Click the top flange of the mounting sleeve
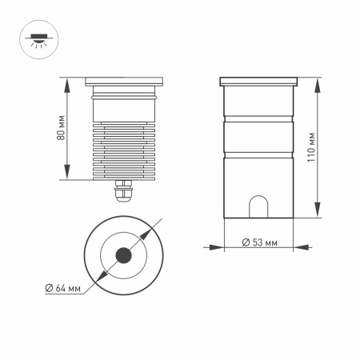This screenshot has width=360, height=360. tap(259, 81)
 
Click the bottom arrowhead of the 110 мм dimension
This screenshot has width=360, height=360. tap(318, 215)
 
